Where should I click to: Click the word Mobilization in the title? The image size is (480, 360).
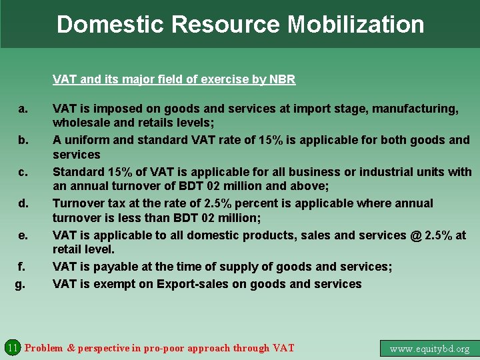point(355,24)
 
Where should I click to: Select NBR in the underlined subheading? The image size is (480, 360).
point(283,79)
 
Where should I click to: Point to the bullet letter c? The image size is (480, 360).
point(23,172)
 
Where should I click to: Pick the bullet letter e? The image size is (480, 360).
point(23,235)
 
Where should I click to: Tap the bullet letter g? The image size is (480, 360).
point(20,284)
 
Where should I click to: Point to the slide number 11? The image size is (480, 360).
point(12,347)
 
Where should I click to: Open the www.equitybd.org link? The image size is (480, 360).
point(429,348)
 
